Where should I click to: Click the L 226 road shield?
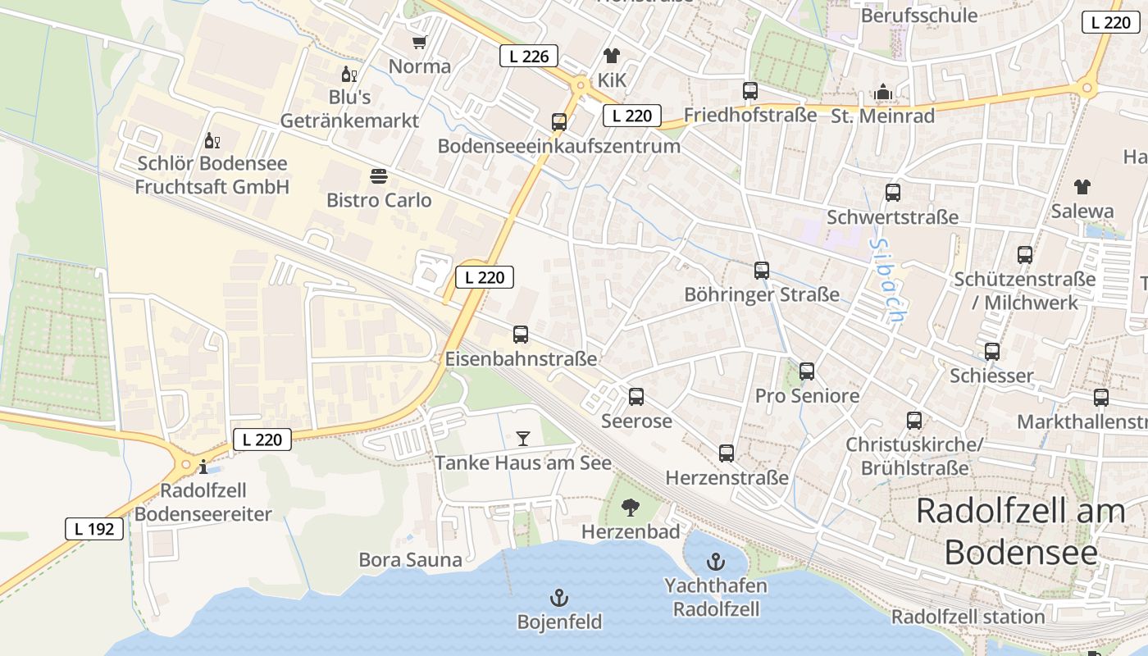click(x=529, y=56)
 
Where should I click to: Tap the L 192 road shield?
click(x=94, y=529)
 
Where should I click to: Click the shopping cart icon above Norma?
click(x=419, y=42)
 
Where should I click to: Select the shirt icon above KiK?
click(x=612, y=56)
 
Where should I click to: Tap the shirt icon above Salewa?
click(x=1082, y=187)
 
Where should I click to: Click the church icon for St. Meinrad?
click(x=883, y=92)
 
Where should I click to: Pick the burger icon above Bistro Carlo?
click(x=379, y=175)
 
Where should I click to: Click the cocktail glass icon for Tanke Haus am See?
click(x=523, y=439)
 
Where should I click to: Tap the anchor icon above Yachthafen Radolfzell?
click(x=716, y=562)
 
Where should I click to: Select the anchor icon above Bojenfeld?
click(x=559, y=597)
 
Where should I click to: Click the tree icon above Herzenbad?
click(x=631, y=508)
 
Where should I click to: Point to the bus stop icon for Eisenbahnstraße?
click(x=521, y=335)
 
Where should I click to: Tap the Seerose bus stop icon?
click(x=636, y=397)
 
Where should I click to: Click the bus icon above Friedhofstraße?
click(x=750, y=91)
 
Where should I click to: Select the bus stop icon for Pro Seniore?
click(x=807, y=371)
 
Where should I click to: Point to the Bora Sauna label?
click(x=411, y=560)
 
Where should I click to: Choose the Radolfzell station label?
click(x=968, y=617)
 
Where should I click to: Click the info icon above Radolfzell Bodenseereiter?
click(x=203, y=467)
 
